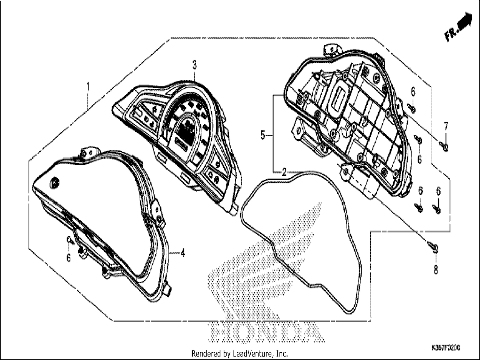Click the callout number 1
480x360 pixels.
(x=88, y=87)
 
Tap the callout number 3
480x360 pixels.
(x=195, y=65)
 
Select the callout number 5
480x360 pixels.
(x=263, y=135)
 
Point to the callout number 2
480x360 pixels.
(x=284, y=172)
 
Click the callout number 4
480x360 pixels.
(x=183, y=253)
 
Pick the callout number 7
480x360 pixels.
(x=446, y=126)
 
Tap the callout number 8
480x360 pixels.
(x=436, y=269)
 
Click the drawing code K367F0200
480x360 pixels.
(x=445, y=348)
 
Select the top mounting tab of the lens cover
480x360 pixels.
(x=89, y=152)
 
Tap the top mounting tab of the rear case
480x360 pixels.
(x=332, y=50)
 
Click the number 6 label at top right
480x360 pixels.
(x=413, y=92)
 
